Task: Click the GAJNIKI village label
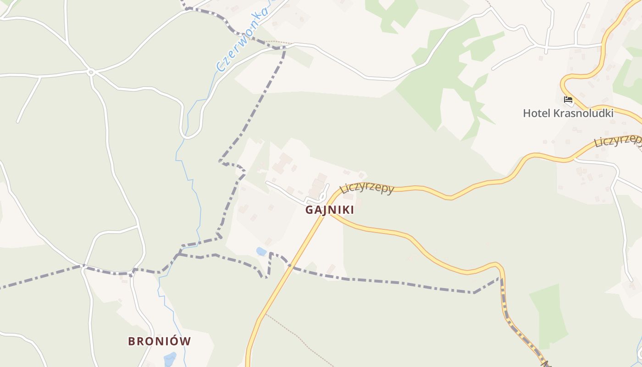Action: [330, 210]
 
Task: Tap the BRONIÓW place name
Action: [159, 341]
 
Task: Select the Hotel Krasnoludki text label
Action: [568, 113]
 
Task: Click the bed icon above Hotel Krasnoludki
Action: [568, 99]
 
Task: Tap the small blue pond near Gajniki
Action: [261, 251]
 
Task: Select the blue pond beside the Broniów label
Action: [170, 359]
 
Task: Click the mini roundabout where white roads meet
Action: [91, 72]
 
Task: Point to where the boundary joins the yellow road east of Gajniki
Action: [502, 277]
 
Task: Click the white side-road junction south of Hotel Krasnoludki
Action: [574, 160]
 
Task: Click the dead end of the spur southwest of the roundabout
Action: [18, 122]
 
